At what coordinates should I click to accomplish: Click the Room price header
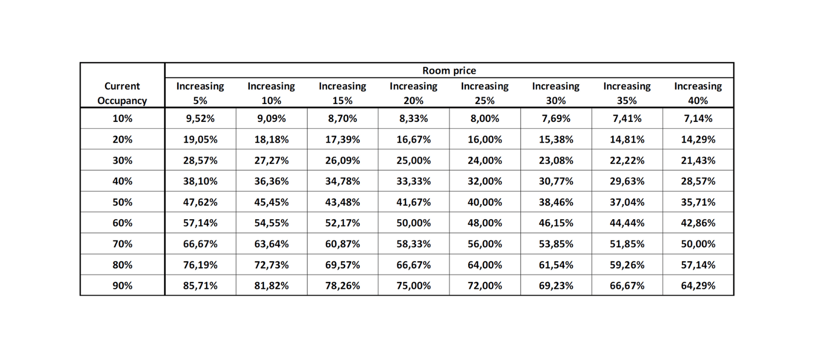(449, 71)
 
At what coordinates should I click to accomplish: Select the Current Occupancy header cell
(122, 93)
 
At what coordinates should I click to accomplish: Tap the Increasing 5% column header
(200, 93)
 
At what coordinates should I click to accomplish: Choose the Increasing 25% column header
(484, 93)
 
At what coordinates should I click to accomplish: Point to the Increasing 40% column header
(698, 93)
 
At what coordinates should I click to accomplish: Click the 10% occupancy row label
(122, 119)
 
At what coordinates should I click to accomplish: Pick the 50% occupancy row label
(122, 202)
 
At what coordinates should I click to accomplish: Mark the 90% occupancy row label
(122, 286)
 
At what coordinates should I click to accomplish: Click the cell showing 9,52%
(200, 119)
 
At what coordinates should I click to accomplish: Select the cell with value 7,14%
(698, 119)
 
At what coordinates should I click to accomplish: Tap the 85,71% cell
(200, 286)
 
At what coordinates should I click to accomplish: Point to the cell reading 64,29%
(698, 286)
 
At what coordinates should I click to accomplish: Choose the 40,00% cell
(484, 202)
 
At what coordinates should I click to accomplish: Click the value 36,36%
(271, 181)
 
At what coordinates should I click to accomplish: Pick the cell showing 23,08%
(556, 160)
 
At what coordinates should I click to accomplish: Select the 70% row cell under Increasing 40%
(698, 244)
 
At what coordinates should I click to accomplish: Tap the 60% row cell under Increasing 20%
(413, 223)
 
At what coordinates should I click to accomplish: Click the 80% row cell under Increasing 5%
(200, 265)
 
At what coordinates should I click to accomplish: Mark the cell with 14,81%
(627, 140)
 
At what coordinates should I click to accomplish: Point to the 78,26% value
(342, 286)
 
